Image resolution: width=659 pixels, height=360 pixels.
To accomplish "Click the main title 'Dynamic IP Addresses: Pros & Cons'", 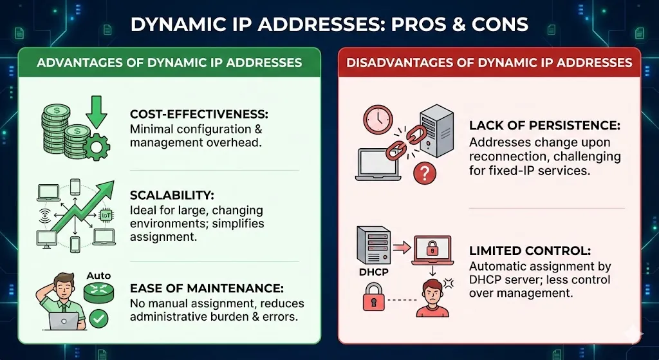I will pos(329,24).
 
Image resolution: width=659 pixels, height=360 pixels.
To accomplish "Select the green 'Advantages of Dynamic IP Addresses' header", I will pos(169,62).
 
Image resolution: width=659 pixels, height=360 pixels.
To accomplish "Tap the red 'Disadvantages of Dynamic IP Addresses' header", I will pos(489,62).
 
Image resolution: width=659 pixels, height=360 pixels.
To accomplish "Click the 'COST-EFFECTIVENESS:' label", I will pos(199,114).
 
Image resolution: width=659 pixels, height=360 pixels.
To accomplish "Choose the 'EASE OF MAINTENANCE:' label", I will pos(207,289).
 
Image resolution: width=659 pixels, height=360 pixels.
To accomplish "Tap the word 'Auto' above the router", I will pos(98,276).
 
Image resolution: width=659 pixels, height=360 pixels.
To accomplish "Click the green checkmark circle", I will pos(98,317).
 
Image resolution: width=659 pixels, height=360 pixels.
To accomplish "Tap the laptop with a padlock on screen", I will pos(425,249).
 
